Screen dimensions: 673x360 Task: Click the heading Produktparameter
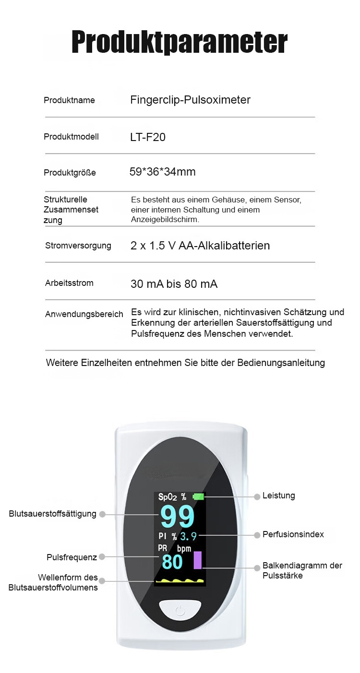180,42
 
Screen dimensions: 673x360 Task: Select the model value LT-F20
148,137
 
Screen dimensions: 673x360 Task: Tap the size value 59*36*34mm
163,172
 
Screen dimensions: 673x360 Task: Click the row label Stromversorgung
78,246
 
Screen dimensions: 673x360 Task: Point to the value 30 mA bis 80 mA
174,284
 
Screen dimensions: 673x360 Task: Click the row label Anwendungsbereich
84,314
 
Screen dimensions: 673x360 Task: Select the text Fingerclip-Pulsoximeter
190,100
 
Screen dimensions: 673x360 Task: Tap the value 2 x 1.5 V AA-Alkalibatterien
200,246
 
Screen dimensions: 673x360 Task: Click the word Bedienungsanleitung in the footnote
281,363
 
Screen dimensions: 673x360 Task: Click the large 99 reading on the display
177,517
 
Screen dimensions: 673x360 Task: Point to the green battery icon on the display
198,496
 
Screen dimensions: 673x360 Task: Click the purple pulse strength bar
197,560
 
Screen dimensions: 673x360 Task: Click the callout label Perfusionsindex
293,534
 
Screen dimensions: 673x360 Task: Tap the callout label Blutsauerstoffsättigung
52,514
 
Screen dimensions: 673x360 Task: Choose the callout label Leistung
278,496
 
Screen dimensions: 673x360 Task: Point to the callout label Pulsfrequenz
72,557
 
